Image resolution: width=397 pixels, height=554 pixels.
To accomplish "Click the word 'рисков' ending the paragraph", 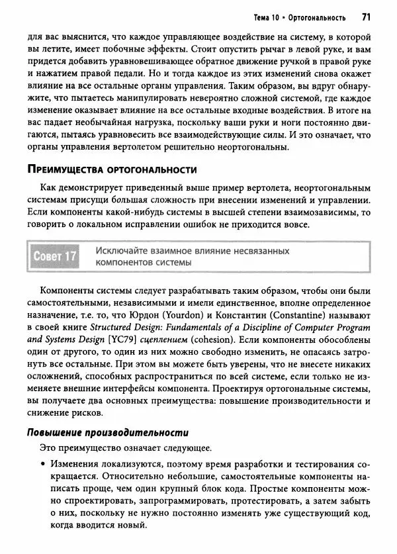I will [x=87, y=413].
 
